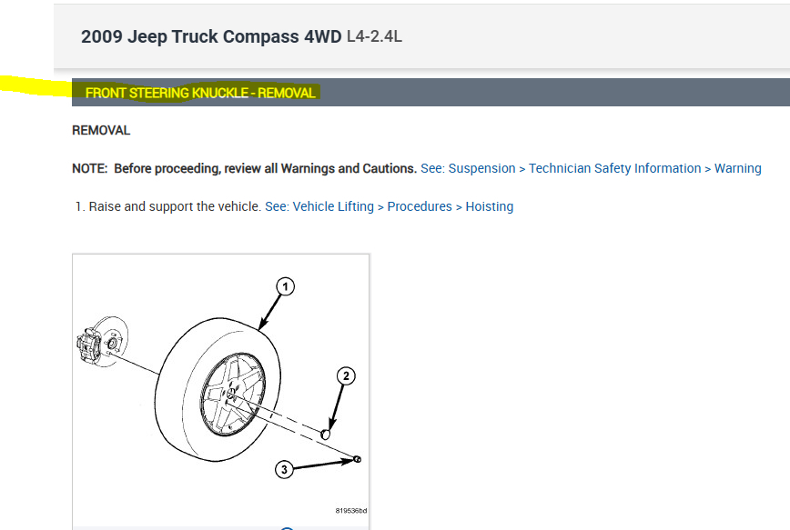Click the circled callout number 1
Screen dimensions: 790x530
pos(285,287)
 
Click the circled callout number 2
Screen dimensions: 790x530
pos(346,376)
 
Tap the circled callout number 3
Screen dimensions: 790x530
pos(284,470)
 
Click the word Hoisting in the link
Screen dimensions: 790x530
pos(490,207)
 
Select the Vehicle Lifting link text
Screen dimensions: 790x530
pos(333,207)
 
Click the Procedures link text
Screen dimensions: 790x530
pos(420,207)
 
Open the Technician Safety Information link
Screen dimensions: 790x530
pos(614,168)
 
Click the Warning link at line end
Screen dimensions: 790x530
pos(737,168)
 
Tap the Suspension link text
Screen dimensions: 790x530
pos(481,168)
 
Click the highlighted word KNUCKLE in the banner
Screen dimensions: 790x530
pos(220,93)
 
